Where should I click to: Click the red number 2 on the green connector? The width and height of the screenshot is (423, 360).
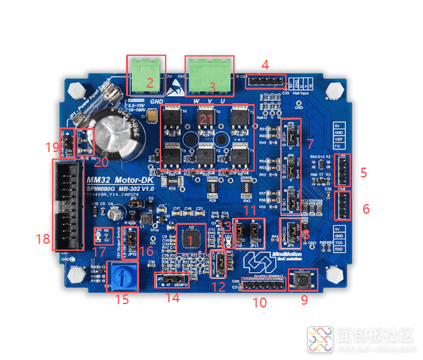149,83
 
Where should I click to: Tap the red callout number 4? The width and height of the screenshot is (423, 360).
265,64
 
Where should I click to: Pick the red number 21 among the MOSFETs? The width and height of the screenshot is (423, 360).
206,119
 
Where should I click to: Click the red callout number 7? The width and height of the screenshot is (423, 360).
309,142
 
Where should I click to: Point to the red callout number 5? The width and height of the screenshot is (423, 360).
364,172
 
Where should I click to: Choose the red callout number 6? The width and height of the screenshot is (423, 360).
366,209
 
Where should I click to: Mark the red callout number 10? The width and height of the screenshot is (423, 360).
259,302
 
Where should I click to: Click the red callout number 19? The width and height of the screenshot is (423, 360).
53,148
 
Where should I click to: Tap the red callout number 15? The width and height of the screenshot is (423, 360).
122,300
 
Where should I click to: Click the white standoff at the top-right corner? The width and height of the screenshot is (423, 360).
335,88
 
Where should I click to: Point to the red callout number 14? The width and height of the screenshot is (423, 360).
172,298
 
